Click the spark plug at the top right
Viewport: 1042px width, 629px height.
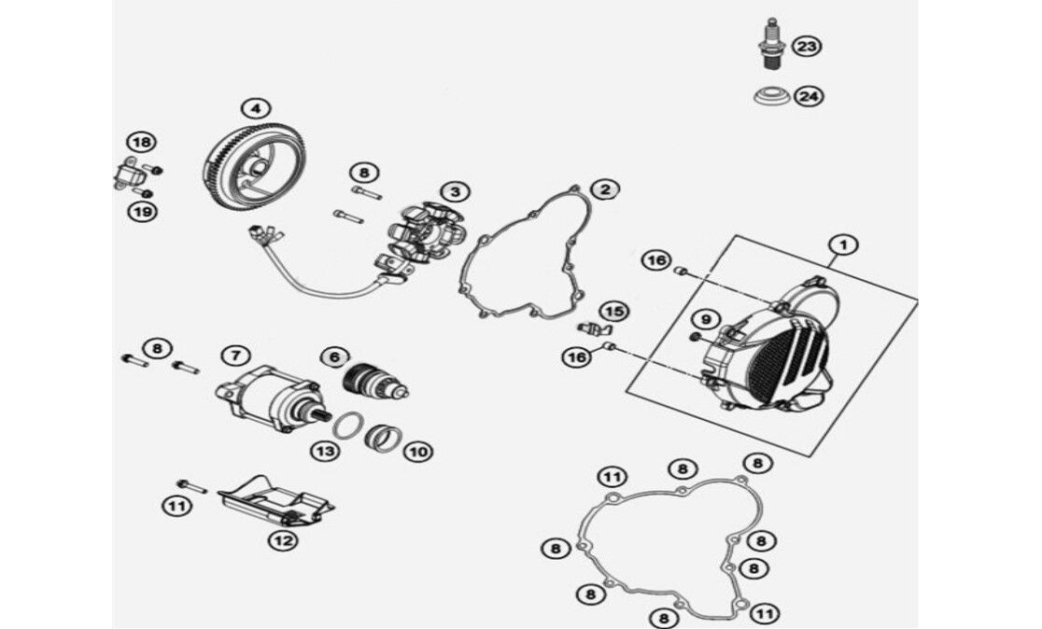[772, 44]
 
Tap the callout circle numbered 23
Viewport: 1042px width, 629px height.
[807, 47]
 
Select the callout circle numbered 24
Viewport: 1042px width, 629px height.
[809, 96]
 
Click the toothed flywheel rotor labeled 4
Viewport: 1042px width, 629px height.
[252, 162]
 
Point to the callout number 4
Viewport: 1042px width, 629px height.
[256, 108]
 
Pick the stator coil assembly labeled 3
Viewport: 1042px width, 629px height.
[426, 239]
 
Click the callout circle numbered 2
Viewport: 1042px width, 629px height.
[605, 190]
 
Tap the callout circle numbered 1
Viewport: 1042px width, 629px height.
[843, 245]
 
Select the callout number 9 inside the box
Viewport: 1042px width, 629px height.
[706, 319]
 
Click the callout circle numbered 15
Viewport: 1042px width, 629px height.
[614, 312]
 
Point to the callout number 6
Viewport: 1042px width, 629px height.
[335, 357]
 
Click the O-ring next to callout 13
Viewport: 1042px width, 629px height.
[349, 426]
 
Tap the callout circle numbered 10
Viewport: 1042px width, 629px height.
[418, 453]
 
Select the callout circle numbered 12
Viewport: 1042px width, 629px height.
[283, 540]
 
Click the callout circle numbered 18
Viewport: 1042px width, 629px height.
[141, 142]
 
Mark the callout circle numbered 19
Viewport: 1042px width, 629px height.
[142, 213]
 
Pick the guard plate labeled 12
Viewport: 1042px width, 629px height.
[275, 501]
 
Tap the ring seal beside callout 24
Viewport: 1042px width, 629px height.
[772, 94]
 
